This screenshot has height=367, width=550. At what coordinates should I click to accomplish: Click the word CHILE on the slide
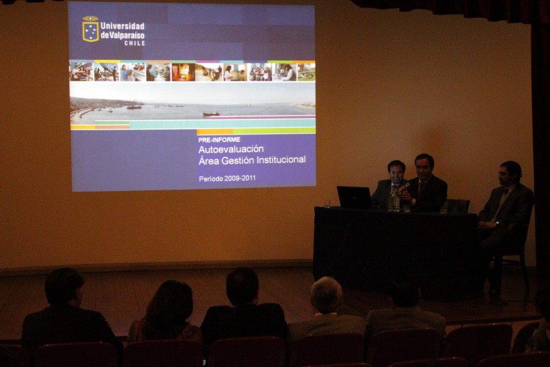pos(135,43)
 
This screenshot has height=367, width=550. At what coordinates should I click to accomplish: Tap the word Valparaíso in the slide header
pos(127,35)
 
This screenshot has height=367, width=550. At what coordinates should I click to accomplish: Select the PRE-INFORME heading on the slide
pos(219,140)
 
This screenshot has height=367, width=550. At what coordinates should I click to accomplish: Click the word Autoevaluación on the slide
pos(231,149)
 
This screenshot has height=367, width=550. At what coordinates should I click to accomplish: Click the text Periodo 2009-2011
pos(227,178)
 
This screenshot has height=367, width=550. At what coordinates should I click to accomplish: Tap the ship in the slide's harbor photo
pos(211,114)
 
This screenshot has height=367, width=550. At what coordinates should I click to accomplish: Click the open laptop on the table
pos(354,197)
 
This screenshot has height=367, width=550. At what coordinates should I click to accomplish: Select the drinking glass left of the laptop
pos(327,204)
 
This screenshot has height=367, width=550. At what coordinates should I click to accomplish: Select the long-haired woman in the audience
pos(167,312)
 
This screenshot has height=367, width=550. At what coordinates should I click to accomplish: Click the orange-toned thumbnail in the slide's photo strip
pos(183,73)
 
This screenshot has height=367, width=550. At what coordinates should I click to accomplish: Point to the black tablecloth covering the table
pos(396,250)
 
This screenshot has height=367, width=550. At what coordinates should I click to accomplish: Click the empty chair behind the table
pos(458,206)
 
